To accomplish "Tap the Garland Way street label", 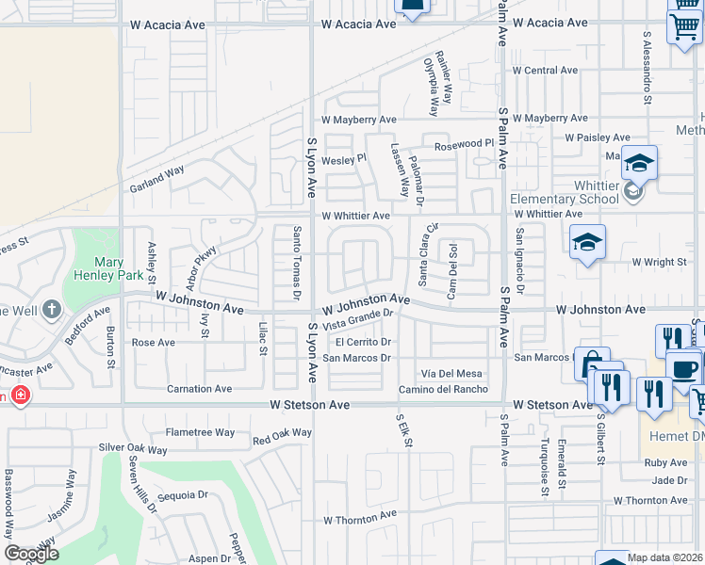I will [156, 179].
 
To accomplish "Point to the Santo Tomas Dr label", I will [297, 264].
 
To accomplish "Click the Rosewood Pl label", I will [464, 142].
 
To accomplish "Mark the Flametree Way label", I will [200, 432].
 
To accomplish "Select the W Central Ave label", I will [545, 71].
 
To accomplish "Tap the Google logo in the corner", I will [31, 554].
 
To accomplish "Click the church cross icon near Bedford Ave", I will [50, 309].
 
